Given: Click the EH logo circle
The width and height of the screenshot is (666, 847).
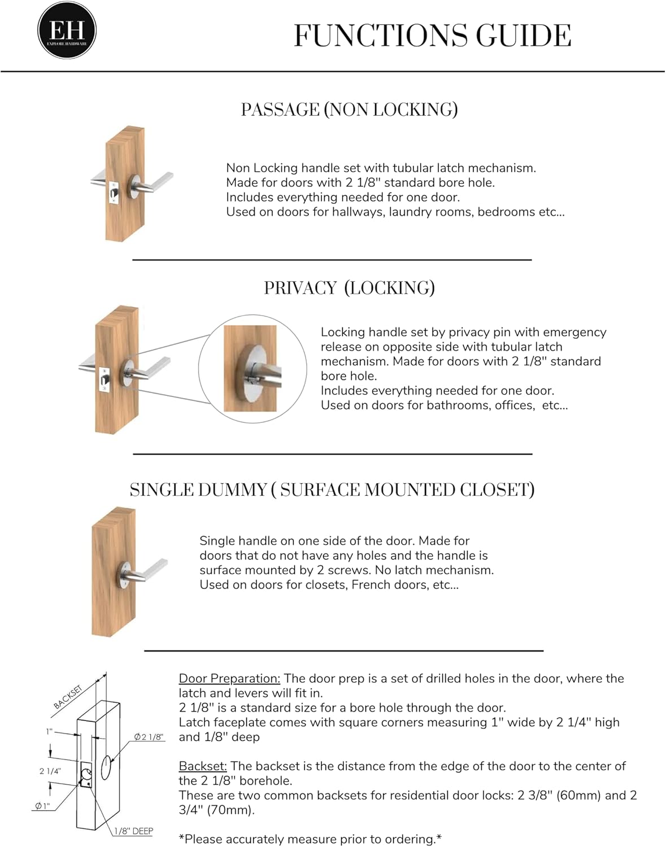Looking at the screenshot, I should (67, 30).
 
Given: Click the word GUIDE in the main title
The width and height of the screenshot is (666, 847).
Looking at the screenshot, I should (523, 36).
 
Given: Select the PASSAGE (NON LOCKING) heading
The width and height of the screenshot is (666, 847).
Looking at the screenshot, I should (349, 110).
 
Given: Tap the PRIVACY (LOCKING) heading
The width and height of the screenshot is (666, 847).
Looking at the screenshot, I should (349, 288).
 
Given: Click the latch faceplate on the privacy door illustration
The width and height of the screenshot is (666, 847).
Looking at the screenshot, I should (105, 379).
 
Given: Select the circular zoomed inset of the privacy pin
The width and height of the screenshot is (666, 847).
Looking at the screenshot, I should (253, 368).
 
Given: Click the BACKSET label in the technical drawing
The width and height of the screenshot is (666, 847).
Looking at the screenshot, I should (68, 697).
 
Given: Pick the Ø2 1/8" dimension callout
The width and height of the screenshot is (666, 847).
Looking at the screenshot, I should (149, 737).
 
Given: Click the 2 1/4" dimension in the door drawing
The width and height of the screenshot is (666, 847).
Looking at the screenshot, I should (50, 771).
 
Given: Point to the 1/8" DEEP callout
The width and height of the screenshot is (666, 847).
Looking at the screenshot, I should (133, 831).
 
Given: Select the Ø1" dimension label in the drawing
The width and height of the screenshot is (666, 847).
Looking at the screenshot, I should (42, 806).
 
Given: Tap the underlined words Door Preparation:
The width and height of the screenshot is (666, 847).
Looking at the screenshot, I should (229, 678).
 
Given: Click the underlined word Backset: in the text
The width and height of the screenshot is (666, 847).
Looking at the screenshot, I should (203, 766).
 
